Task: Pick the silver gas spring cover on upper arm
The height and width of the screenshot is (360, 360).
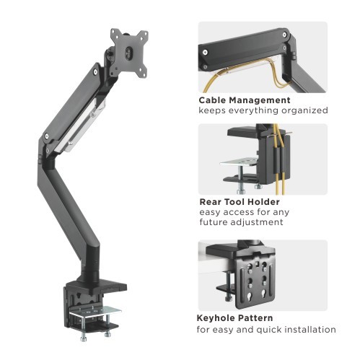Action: pyautogui.click(x=85, y=122)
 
